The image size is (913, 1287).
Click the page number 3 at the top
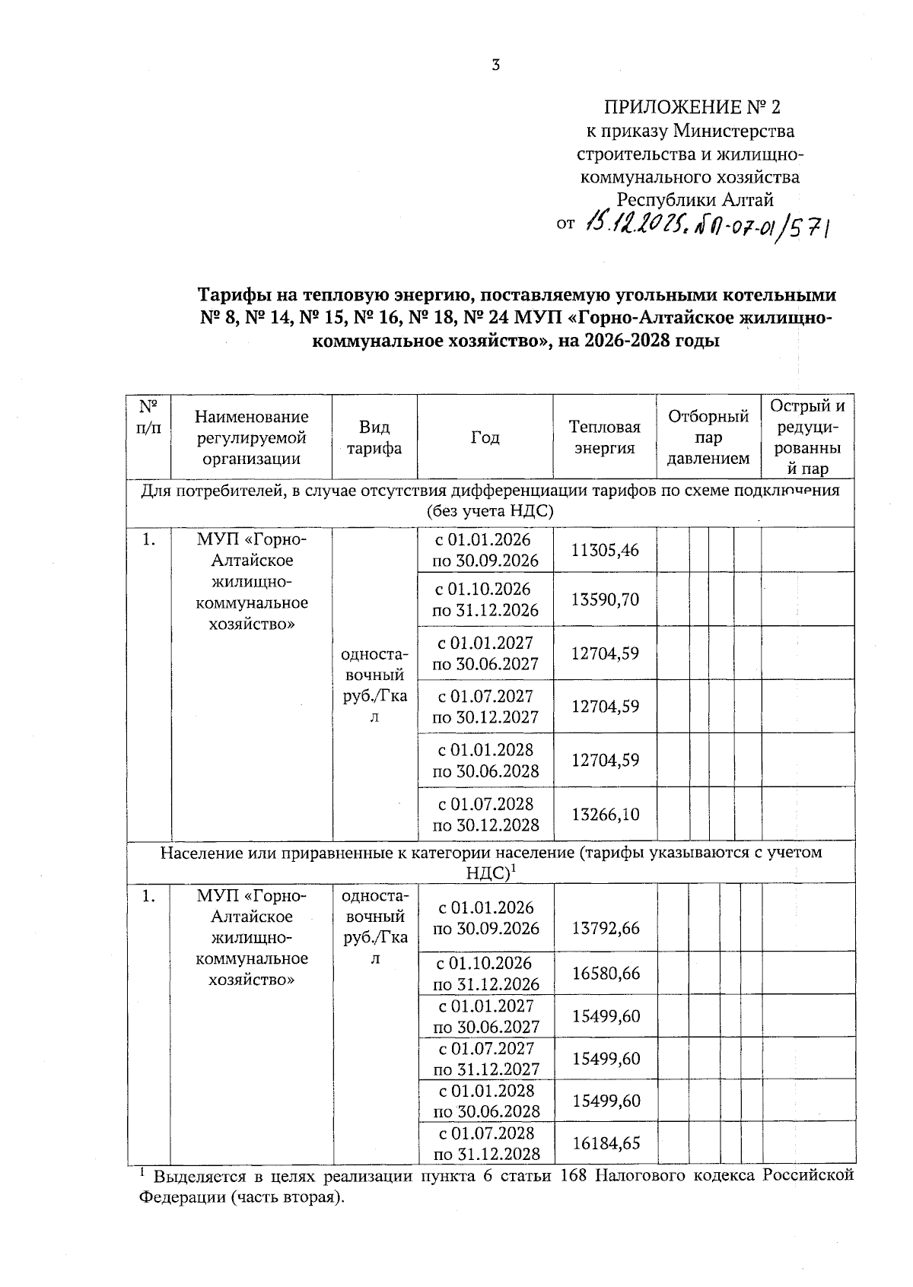pyautogui.click(x=495, y=65)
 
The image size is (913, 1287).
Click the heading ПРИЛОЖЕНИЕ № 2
pyautogui.click(x=692, y=106)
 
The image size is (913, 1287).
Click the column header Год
pyautogui.click(x=485, y=437)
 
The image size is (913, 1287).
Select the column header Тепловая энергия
pyautogui.click(x=605, y=437)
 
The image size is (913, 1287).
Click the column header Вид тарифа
pyautogui.click(x=374, y=437)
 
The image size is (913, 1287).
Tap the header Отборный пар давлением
pyautogui.click(x=708, y=437)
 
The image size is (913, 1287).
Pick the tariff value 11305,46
pyautogui.click(x=605, y=550)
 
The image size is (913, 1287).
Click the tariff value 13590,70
pyautogui.click(x=605, y=599)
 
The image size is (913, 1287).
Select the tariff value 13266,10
pyautogui.click(x=605, y=815)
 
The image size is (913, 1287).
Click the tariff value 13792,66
pyautogui.click(x=605, y=928)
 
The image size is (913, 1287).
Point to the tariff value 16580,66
pyautogui.click(x=605, y=973)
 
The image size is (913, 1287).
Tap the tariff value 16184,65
pyautogui.click(x=605, y=1142)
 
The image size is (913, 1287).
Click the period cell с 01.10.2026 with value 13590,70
pyautogui.click(x=485, y=599)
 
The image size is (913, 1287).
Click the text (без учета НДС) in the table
pyautogui.click(x=490, y=511)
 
